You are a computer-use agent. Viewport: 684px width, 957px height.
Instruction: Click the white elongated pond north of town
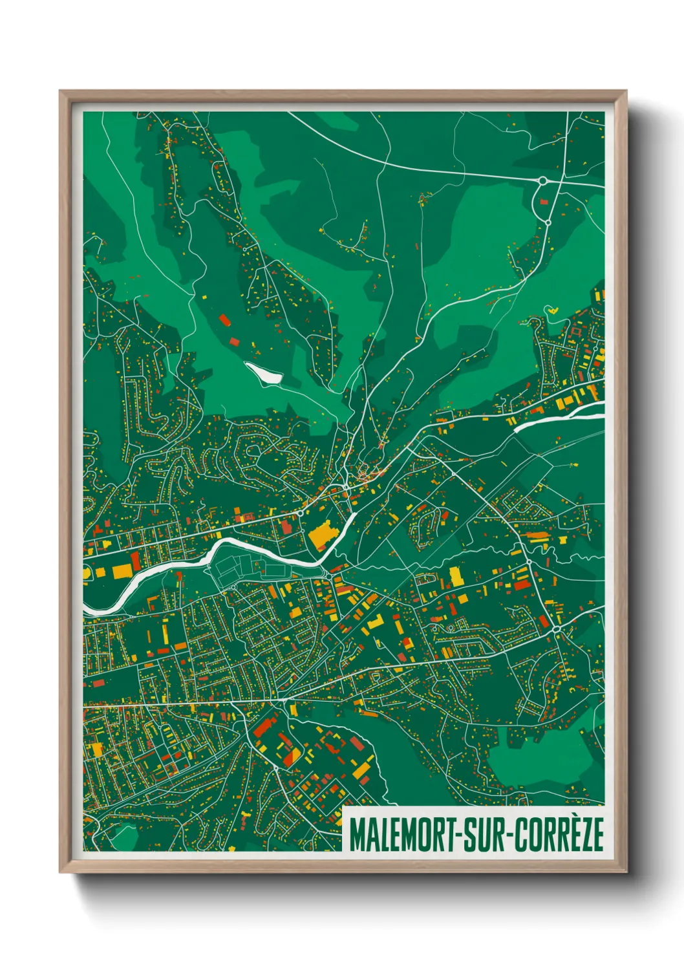pyautogui.click(x=263, y=373)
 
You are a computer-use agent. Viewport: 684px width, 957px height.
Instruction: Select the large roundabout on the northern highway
pyautogui.click(x=543, y=180)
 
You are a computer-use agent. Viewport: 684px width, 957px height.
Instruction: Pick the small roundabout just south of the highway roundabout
pyautogui.click(x=548, y=222)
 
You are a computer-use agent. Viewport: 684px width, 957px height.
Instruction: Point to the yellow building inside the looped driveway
pyautogui.click(x=553, y=310)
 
